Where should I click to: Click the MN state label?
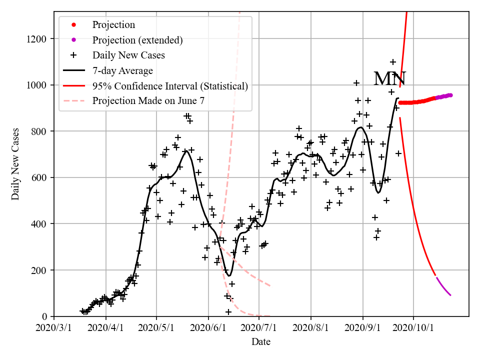[x=390, y=79]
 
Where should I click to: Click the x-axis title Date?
[x=261, y=342]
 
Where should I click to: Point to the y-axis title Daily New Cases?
[x=15, y=164]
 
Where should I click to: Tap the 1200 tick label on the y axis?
[x=38, y=39]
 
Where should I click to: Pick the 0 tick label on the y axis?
[x=45, y=316]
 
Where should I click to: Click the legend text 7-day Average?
[x=122, y=70]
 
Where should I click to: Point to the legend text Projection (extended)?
[x=137, y=40]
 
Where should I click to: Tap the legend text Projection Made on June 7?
[x=148, y=101]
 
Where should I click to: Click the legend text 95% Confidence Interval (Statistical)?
[x=170, y=86]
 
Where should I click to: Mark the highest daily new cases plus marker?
[x=393, y=62]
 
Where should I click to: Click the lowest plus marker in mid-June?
[x=228, y=312]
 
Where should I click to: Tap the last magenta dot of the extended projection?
[x=450, y=95]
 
